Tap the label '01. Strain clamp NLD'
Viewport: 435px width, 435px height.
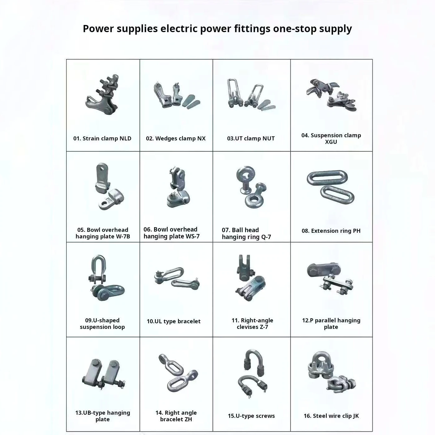click(102, 138)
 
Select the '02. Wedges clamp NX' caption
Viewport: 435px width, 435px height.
click(176, 138)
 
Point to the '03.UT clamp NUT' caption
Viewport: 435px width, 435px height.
click(251, 138)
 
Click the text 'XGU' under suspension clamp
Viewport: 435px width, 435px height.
click(331, 142)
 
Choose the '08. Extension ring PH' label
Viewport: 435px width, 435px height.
click(331, 231)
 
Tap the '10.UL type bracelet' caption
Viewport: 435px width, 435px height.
click(174, 321)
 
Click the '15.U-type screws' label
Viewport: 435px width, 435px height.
click(251, 416)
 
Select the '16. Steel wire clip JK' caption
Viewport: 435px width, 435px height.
click(331, 416)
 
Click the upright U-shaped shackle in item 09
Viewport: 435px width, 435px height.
click(98, 269)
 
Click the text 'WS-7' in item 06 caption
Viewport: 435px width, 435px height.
click(193, 236)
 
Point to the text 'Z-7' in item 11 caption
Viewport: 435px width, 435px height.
click(264, 327)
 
